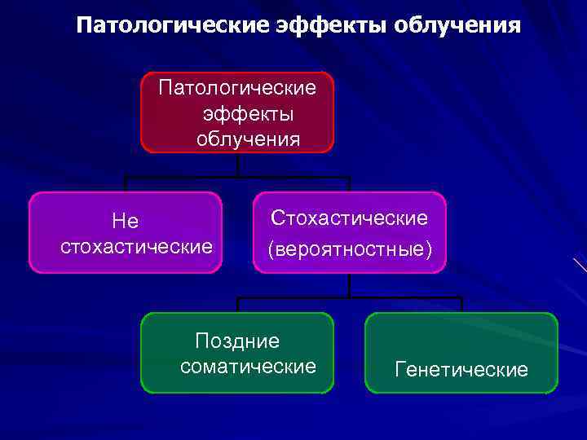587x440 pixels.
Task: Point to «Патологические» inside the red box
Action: pos(237,86)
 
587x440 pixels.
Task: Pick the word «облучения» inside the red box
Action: pos(248,139)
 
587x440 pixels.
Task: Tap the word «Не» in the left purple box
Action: pos(126,221)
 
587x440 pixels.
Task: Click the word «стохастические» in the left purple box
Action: pos(136,246)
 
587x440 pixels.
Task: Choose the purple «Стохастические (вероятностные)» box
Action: pos(350,232)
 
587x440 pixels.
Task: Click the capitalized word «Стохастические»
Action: pos(350,218)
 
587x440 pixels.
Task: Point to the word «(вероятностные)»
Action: pos(350,248)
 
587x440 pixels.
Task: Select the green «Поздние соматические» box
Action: pos(237,353)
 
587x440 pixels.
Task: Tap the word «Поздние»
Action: pos(237,341)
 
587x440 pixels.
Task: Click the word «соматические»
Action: pos(248,367)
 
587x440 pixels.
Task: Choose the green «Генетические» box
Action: pos(461,353)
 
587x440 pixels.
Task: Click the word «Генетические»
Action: pos(461,370)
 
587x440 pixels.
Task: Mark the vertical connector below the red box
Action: pos(237,165)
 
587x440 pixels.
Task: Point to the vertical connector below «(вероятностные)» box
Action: pos(350,285)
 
